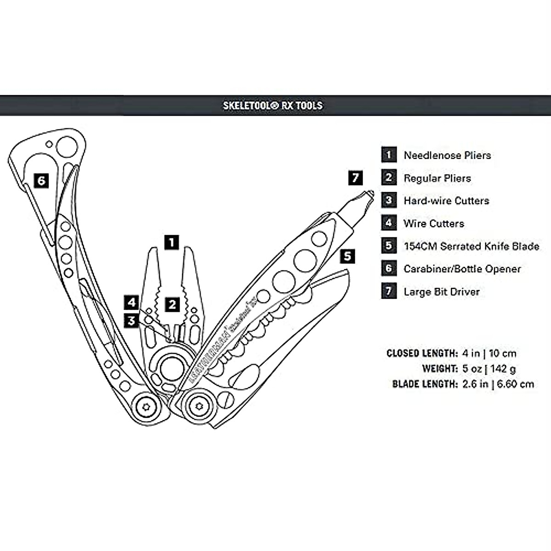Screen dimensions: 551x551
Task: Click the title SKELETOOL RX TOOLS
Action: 273,105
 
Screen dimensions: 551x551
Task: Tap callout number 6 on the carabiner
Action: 41,180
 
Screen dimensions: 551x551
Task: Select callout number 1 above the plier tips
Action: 171,242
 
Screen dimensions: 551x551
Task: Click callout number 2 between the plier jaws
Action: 172,304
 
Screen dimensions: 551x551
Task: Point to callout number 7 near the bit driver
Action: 355,178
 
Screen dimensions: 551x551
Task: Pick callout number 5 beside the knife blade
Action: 348,256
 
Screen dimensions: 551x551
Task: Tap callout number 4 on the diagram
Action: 132,303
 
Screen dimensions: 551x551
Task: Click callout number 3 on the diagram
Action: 132,320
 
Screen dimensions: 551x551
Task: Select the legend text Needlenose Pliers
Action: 447,155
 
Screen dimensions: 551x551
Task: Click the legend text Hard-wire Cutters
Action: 446,201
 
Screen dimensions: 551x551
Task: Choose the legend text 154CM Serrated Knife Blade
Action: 471,246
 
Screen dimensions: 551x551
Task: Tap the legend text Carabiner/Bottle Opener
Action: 462,269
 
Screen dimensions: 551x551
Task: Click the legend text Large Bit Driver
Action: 441,292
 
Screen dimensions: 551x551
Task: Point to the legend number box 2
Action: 388,178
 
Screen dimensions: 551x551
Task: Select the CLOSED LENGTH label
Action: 422,354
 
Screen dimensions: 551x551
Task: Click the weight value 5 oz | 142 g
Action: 489,369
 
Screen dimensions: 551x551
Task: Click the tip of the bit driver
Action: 369,194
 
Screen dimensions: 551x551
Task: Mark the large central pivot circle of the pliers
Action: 170,367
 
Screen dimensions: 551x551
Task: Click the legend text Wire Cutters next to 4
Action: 434,224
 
